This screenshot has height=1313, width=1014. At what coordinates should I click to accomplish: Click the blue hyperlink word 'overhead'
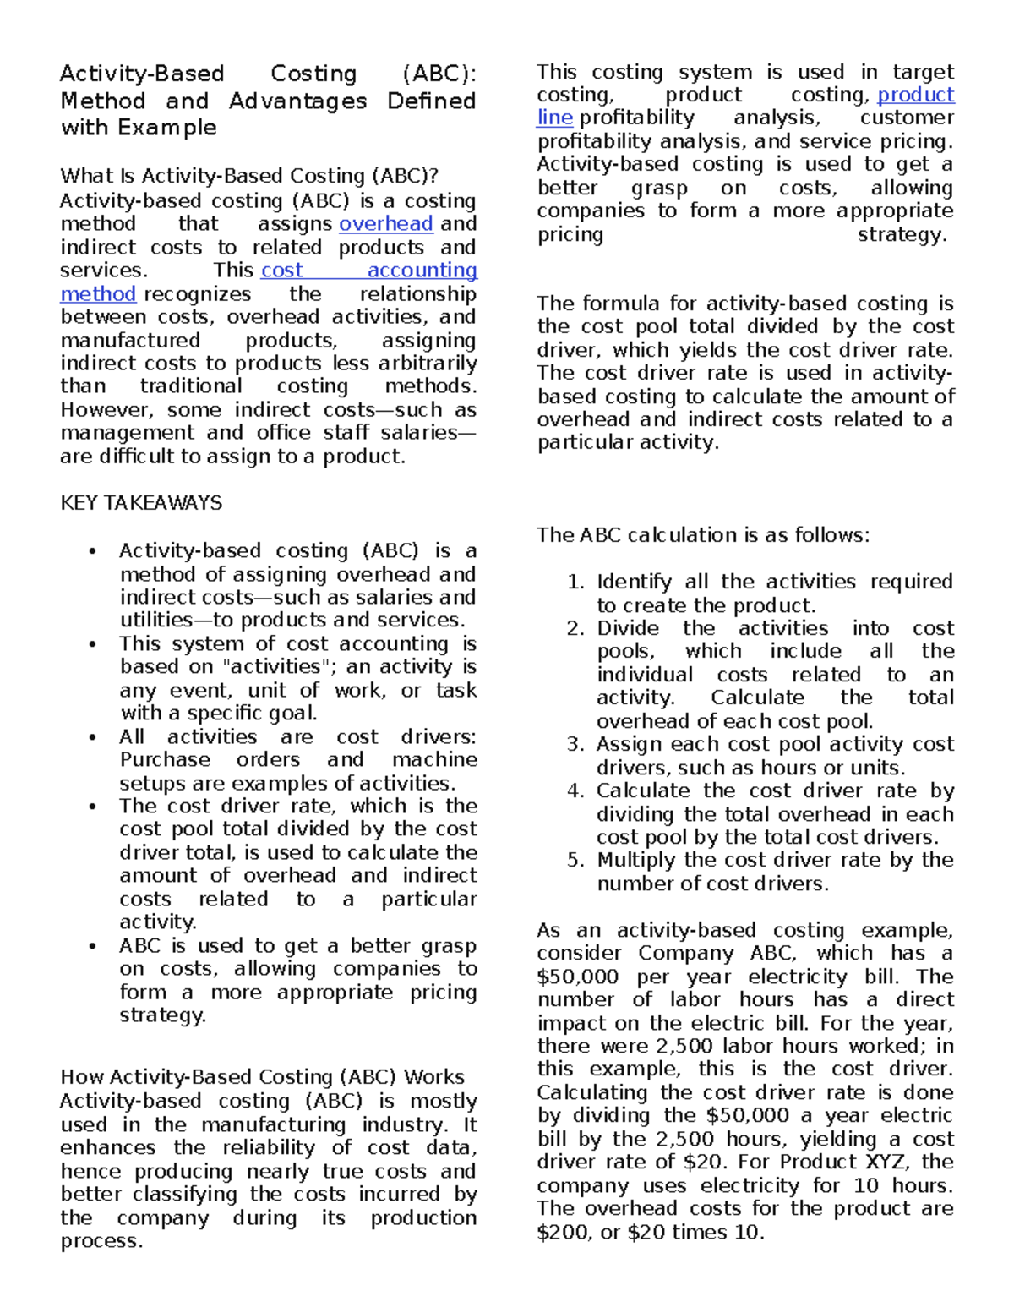(x=385, y=224)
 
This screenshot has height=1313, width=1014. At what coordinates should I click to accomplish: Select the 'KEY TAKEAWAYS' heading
(x=141, y=503)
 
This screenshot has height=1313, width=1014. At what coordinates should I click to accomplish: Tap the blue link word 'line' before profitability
(x=554, y=118)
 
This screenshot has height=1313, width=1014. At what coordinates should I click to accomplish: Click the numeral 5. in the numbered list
(x=575, y=861)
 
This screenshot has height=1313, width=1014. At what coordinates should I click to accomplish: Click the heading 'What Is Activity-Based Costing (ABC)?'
(x=249, y=177)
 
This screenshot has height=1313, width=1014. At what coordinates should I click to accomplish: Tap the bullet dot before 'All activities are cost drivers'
(x=92, y=737)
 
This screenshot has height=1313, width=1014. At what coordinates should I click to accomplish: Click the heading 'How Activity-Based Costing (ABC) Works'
(x=262, y=1077)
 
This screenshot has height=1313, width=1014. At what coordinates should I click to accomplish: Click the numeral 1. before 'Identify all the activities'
(x=575, y=583)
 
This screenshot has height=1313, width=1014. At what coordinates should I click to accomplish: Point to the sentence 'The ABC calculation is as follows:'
(x=702, y=535)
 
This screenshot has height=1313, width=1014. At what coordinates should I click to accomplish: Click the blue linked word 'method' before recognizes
(x=98, y=294)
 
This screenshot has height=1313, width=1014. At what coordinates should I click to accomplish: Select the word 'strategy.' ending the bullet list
(x=162, y=1015)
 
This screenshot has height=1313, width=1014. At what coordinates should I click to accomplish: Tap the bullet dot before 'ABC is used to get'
(x=92, y=946)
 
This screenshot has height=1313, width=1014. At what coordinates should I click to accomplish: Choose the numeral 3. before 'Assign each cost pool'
(x=575, y=745)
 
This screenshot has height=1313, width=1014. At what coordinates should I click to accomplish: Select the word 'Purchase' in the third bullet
(x=165, y=760)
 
